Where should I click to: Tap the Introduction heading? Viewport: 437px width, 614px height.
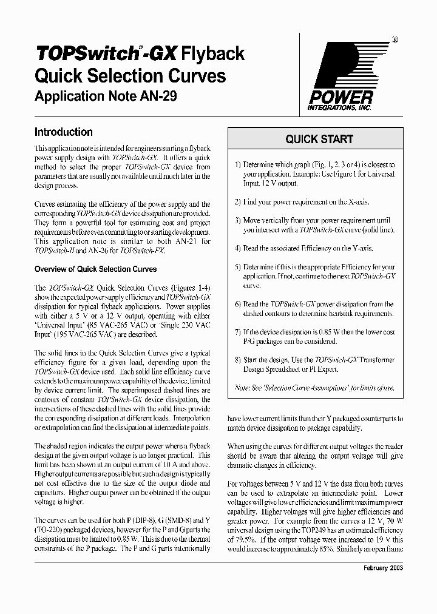64,132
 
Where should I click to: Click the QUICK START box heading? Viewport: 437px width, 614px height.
319,139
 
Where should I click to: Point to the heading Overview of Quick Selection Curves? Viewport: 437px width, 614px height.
96,269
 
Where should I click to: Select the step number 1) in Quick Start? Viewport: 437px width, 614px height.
238,164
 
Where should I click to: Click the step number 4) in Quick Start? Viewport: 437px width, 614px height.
238,248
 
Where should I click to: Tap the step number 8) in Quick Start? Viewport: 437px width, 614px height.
238,359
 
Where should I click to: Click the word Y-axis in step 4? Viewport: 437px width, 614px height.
360,248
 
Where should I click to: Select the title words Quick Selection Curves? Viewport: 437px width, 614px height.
130,76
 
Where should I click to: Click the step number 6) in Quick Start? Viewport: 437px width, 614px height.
238,304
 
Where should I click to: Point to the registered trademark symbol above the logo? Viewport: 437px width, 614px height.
394,39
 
